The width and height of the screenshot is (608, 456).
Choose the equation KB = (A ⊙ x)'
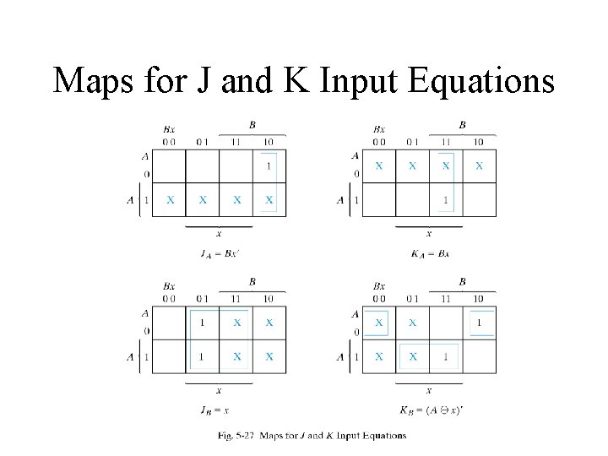(x=431, y=411)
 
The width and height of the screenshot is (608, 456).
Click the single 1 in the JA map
(x=269, y=166)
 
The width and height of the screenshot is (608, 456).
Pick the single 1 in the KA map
(x=446, y=200)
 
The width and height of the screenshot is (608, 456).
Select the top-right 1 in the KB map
(x=479, y=323)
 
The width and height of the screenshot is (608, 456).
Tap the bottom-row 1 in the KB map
(x=446, y=357)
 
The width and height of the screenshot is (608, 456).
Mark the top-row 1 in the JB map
(x=202, y=323)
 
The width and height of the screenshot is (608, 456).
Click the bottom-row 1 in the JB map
(x=202, y=357)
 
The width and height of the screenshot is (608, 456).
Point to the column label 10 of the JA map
(x=269, y=141)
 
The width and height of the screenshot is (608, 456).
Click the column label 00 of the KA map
(x=379, y=141)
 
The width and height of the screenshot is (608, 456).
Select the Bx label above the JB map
(x=169, y=286)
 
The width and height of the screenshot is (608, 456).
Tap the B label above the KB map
(x=462, y=281)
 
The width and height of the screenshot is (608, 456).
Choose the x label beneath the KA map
(x=428, y=233)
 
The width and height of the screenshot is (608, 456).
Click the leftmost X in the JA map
(x=170, y=200)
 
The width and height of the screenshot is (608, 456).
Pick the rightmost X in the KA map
(x=479, y=166)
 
